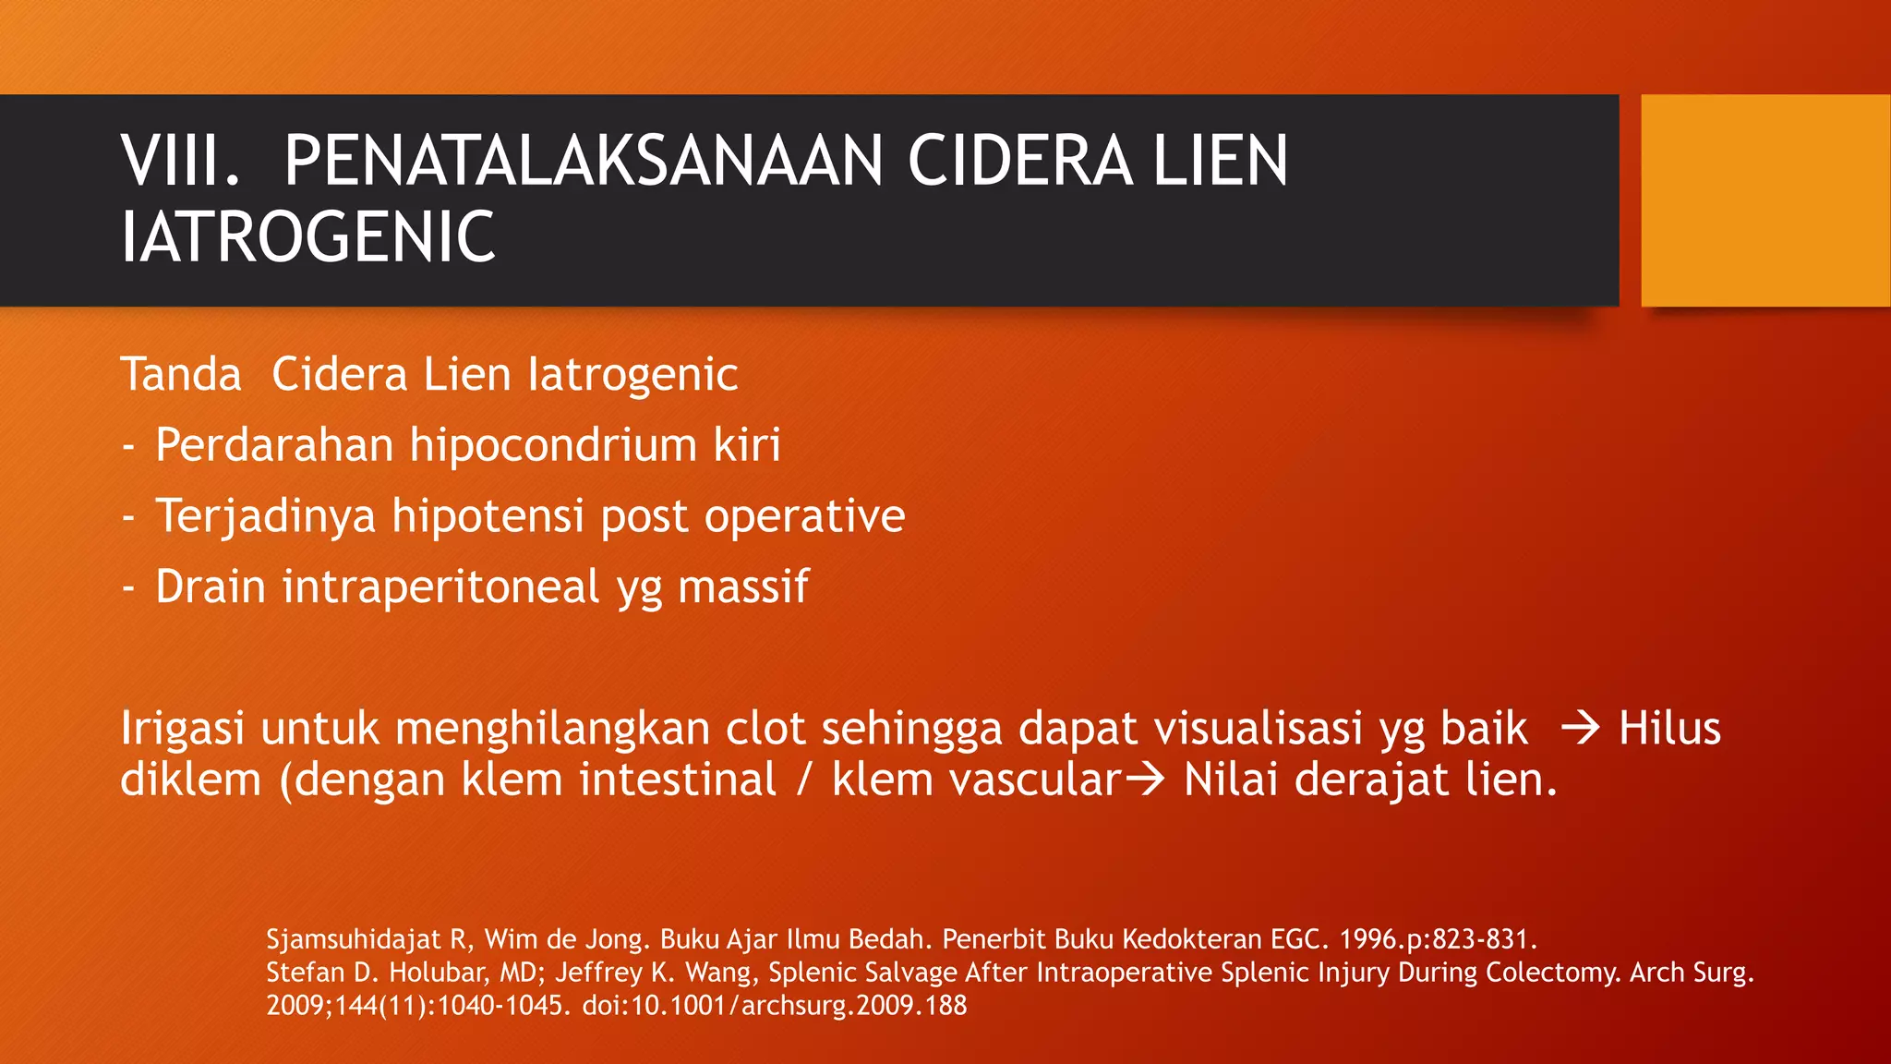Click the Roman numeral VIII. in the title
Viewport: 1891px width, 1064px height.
pyautogui.click(x=181, y=162)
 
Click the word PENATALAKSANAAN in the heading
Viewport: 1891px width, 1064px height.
pyautogui.click(x=583, y=162)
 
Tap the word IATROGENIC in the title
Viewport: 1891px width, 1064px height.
pyautogui.click(x=307, y=237)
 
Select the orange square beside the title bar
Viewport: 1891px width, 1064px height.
pyautogui.click(x=1765, y=200)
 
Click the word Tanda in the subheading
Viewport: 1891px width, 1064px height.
pyautogui.click(x=181, y=375)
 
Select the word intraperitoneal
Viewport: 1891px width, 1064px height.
pyautogui.click(x=440, y=587)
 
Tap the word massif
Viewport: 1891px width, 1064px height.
pyautogui.click(x=743, y=587)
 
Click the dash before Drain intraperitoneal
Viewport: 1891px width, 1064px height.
pyautogui.click(x=128, y=587)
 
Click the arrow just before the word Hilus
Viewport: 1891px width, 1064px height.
pyautogui.click(x=1580, y=729)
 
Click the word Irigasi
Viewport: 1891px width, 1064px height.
pyautogui.click(x=182, y=729)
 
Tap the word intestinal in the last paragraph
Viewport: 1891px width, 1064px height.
pyautogui.click(x=678, y=780)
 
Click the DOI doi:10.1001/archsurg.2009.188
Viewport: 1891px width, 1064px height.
pyautogui.click(x=774, y=1006)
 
